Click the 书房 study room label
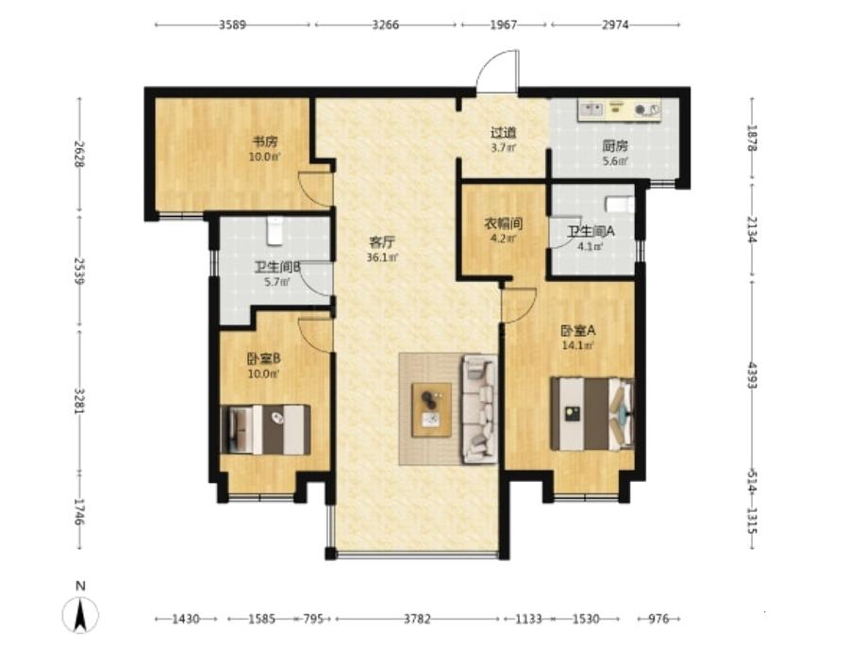[x=265, y=142]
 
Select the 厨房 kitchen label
[x=615, y=146]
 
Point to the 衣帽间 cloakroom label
[x=503, y=224]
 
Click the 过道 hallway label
[x=504, y=133]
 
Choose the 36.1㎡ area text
[x=382, y=257]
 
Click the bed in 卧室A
[x=592, y=414]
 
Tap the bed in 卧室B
[x=266, y=429]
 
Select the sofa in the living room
[x=479, y=408]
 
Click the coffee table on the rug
[x=431, y=409]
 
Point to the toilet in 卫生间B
[x=275, y=230]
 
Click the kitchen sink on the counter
[x=591, y=110]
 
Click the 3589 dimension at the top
[x=233, y=25]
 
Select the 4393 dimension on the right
[x=752, y=374]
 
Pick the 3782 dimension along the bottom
[x=418, y=619]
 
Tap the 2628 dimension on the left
[x=79, y=155]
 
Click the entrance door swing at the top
[x=497, y=72]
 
